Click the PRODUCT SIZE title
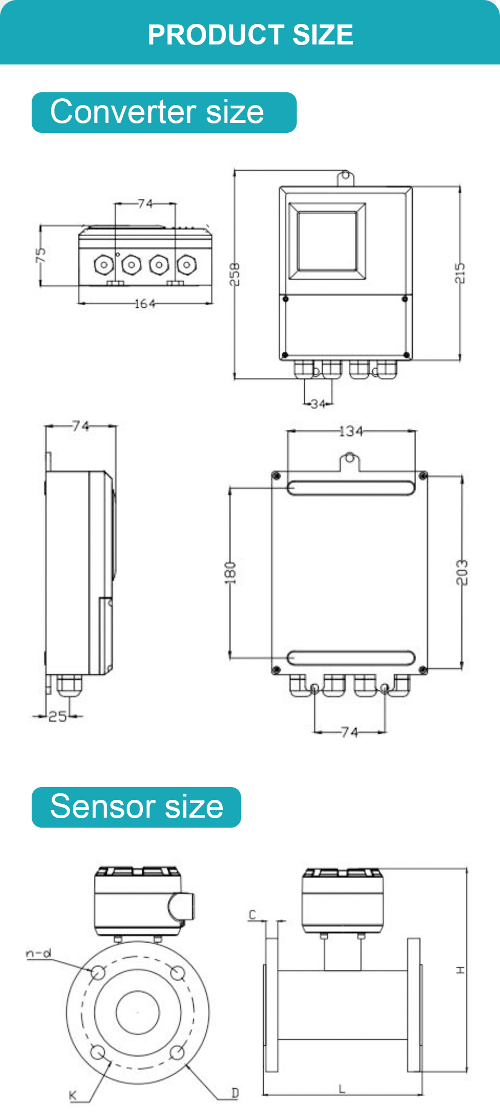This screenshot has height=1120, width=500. click(x=250, y=34)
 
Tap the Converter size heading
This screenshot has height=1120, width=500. click(x=157, y=112)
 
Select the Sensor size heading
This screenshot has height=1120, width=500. click(x=137, y=807)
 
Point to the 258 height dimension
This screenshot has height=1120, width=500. click(x=235, y=275)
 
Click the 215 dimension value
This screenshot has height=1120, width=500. click(x=460, y=273)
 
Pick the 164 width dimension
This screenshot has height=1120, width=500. click(x=145, y=303)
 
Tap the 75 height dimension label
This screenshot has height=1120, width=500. click(x=41, y=255)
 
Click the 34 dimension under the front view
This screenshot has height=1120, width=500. click(x=318, y=404)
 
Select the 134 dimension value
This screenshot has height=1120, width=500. click(x=351, y=431)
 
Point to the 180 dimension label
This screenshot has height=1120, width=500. click(x=230, y=573)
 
